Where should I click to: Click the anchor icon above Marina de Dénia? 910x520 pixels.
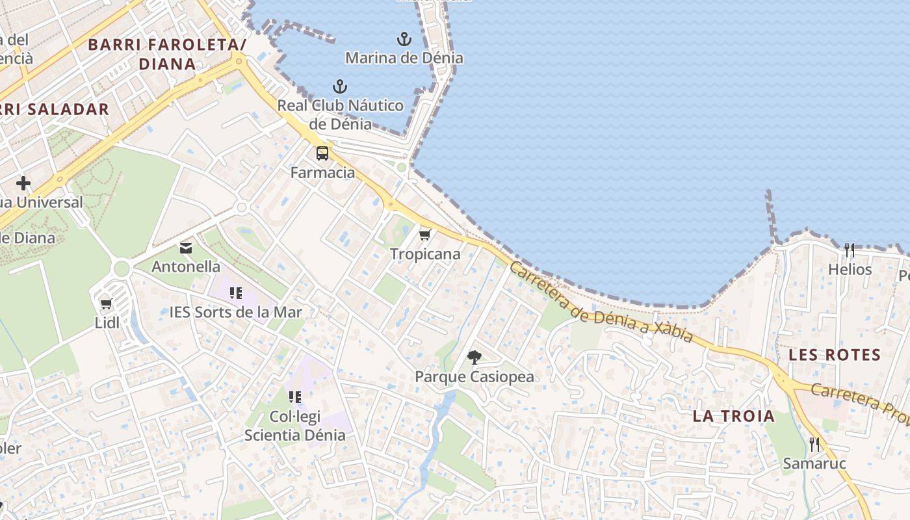point(404,39)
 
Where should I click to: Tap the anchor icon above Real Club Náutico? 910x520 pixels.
point(339,86)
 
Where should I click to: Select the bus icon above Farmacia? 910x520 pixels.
point(322,154)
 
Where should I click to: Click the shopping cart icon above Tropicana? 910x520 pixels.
point(425,235)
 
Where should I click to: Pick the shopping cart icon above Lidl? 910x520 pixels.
point(107,304)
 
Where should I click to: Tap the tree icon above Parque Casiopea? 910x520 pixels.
point(474,357)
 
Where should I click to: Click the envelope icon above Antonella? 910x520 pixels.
point(186,248)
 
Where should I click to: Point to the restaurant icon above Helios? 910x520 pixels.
point(850,250)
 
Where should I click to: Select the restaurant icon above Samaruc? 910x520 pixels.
point(814,445)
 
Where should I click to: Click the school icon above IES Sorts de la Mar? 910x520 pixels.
point(236,293)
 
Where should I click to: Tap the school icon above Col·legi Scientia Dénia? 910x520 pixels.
point(295,396)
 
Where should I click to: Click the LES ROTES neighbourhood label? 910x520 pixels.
point(835,356)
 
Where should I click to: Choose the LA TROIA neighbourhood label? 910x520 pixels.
point(734,416)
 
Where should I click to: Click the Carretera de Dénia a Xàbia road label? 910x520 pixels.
point(601,304)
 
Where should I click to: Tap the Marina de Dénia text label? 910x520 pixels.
point(404,58)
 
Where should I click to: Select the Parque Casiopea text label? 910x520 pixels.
point(474,376)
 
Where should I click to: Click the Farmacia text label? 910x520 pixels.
point(322,173)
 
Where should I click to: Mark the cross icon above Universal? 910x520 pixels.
point(23,183)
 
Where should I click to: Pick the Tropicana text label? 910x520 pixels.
point(425,254)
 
